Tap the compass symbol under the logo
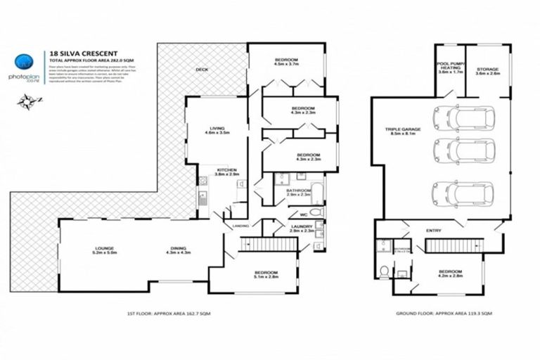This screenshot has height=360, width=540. click(x=27, y=102)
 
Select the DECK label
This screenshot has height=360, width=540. click(x=202, y=70)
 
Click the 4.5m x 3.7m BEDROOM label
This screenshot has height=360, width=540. click(x=286, y=61)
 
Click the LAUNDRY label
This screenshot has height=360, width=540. click(x=301, y=228)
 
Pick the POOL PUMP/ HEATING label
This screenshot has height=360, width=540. click(x=449, y=69)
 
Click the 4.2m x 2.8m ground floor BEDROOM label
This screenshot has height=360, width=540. click(x=450, y=274)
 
